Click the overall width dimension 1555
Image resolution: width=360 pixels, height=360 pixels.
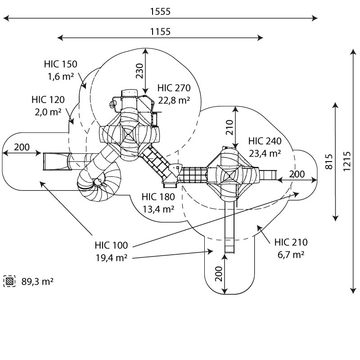click(160, 12)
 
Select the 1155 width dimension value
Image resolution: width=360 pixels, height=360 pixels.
click(160, 31)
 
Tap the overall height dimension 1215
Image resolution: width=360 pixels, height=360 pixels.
click(347, 161)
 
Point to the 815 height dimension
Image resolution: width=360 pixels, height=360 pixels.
click(329, 162)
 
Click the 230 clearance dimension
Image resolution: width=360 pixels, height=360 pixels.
click(139, 71)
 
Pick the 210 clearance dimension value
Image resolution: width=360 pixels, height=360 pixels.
click(229, 127)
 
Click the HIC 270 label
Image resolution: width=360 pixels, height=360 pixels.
click(174, 88)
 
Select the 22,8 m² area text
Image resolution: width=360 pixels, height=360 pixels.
click(174, 100)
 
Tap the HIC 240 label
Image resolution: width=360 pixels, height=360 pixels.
click(265, 141)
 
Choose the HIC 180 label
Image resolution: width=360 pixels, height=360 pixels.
click(158, 197)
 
